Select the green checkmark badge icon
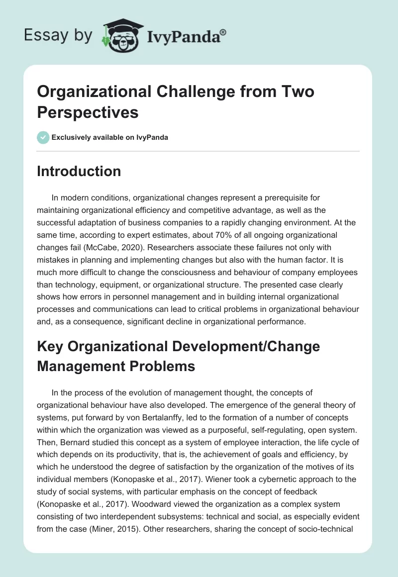(x=43, y=137)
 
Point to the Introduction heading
(x=79, y=171)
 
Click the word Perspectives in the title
(x=88, y=112)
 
